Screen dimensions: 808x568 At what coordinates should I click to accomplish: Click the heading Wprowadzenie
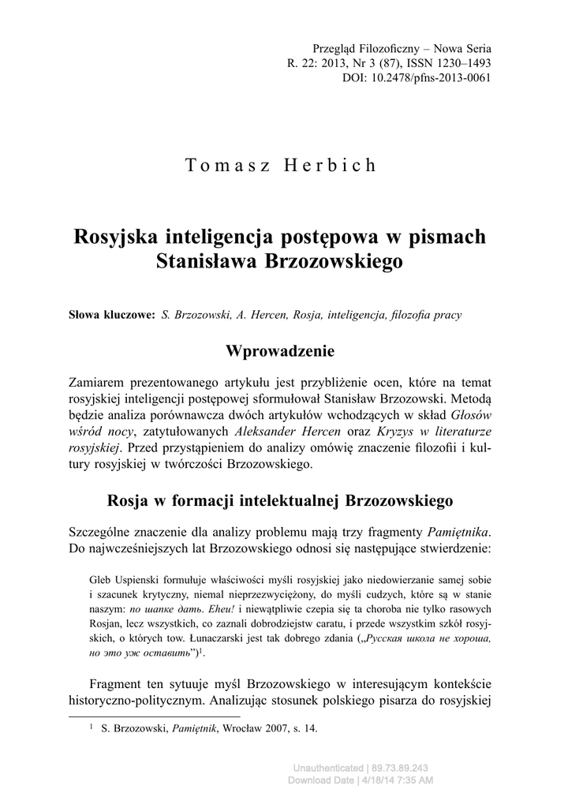coord(280,350)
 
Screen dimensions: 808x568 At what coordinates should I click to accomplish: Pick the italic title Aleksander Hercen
coord(287,432)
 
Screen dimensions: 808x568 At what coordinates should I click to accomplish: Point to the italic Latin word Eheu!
coord(218,609)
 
